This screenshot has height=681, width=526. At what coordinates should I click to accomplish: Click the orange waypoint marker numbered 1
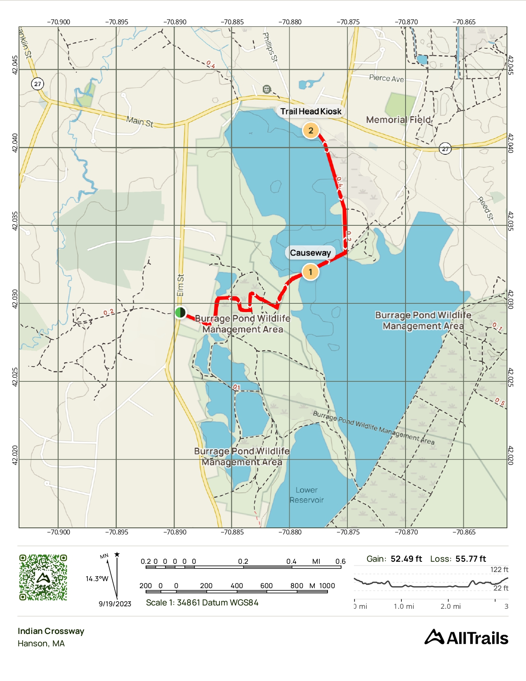pyautogui.click(x=310, y=272)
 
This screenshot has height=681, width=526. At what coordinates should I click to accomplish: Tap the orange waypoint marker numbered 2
pyautogui.click(x=311, y=130)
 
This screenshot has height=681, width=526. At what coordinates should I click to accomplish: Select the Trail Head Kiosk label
pyautogui.click(x=311, y=111)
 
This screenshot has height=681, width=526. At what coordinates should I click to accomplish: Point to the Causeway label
pyautogui.click(x=310, y=253)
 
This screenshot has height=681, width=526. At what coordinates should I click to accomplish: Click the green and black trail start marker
pyautogui.click(x=180, y=312)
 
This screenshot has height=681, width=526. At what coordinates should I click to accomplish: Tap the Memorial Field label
pyautogui.click(x=398, y=120)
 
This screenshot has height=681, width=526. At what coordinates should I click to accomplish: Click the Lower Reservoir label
pyautogui.click(x=307, y=495)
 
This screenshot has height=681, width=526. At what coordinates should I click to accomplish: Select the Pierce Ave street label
pyautogui.click(x=386, y=78)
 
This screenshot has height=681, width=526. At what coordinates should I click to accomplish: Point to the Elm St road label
pyautogui.click(x=180, y=285)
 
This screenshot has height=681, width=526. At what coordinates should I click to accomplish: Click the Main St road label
pyautogui.click(x=139, y=121)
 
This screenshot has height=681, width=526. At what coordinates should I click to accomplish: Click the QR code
pyautogui.click(x=43, y=577)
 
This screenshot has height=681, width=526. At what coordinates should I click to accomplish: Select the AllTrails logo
pyautogui.click(x=466, y=638)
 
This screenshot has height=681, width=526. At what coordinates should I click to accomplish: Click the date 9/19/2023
pyautogui.click(x=115, y=604)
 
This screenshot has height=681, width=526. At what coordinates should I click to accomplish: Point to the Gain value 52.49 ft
pyautogui.click(x=406, y=559)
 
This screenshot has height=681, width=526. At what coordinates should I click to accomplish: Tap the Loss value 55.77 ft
pyautogui.click(x=471, y=559)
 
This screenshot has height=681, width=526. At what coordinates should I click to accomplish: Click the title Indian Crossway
pyautogui.click(x=51, y=631)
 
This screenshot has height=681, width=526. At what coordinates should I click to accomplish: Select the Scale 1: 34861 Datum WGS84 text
pyautogui.click(x=202, y=603)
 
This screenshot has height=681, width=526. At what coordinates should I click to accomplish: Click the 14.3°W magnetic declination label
pyautogui.click(x=97, y=579)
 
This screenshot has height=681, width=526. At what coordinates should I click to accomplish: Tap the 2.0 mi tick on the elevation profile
pyautogui.click(x=451, y=606)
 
